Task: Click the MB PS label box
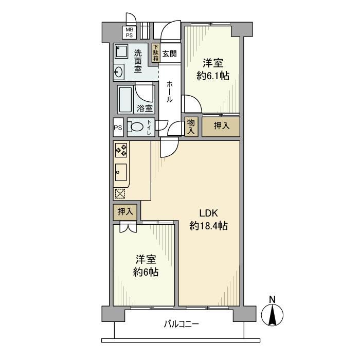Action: [129, 32]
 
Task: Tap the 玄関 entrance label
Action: [169, 54]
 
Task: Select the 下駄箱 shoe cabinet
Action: [156, 53]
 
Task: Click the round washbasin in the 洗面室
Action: [118, 72]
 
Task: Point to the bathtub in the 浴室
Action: [125, 100]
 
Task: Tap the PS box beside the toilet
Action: [118, 128]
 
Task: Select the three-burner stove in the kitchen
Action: [121, 150]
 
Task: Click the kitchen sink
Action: [121, 172]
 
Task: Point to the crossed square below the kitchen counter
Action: [120, 193]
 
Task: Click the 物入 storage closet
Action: [191, 127]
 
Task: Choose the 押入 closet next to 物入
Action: [221, 127]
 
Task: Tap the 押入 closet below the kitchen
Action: [125, 212]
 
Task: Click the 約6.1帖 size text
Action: [213, 76]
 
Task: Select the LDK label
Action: [208, 213]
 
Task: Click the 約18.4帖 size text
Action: [208, 226]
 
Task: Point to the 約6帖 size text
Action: [146, 272]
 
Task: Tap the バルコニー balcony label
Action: [182, 324]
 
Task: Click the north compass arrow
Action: [272, 315]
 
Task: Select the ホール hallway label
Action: [169, 92]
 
